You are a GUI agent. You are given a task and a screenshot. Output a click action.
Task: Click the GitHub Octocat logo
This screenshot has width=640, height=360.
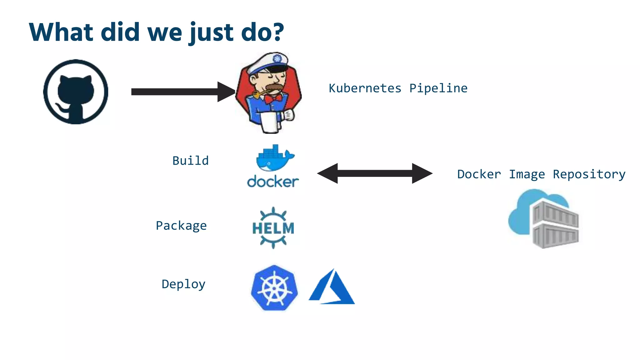pyautogui.click(x=76, y=92)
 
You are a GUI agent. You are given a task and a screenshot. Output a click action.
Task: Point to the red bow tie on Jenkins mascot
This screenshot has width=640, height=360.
pyautogui.click(x=273, y=98)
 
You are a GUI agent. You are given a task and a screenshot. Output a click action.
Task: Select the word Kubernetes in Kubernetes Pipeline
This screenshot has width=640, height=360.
pyautogui.click(x=365, y=88)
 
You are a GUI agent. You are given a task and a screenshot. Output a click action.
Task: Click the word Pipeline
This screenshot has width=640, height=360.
pyautogui.click(x=438, y=88)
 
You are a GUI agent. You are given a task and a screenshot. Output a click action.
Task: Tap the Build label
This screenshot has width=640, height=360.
pyautogui.click(x=190, y=161)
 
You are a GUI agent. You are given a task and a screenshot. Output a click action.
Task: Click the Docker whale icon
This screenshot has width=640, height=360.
pyautogui.click(x=274, y=158)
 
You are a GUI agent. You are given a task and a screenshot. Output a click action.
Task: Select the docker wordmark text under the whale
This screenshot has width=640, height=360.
pyautogui.click(x=273, y=182)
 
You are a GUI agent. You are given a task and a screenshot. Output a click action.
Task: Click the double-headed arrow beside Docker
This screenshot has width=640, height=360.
pyautogui.click(x=375, y=173)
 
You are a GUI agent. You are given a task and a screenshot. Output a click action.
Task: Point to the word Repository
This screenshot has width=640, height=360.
pyautogui.click(x=589, y=174)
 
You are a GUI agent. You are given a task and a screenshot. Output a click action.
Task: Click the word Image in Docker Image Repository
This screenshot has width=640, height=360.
pyautogui.click(x=527, y=174)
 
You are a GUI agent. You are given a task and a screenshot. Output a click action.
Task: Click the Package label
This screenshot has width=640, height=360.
pyautogui.click(x=181, y=226)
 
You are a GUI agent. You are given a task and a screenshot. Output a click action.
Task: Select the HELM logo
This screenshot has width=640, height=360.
pyautogui.click(x=273, y=228)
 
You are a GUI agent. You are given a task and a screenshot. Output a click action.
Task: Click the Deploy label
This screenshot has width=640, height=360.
pyautogui.click(x=183, y=284)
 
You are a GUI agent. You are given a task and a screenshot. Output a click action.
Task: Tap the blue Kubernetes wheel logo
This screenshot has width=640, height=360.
pyautogui.click(x=274, y=288)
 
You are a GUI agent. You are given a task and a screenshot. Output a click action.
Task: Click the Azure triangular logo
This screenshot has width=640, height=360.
pyautogui.click(x=332, y=287)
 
